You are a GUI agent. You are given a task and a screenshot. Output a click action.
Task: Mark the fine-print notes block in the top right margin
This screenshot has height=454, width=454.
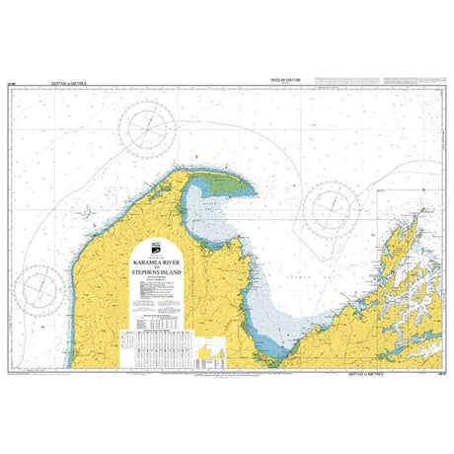coord(415,83)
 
